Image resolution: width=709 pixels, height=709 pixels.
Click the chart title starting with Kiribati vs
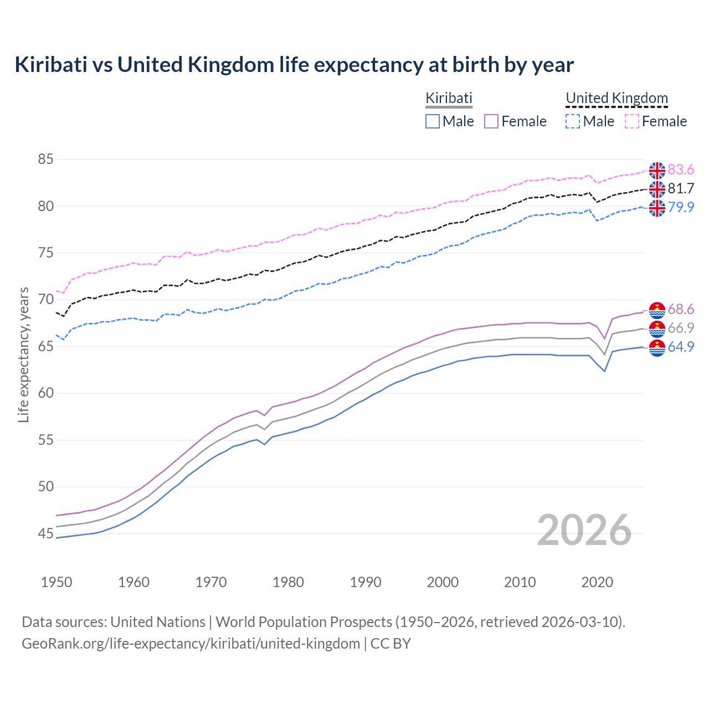tap(294, 65)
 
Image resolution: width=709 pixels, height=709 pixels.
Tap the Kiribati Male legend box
tap(433, 121)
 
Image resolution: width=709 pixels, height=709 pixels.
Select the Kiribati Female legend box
tap(492, 121)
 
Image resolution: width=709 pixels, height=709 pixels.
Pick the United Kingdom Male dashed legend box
tap(573, 121)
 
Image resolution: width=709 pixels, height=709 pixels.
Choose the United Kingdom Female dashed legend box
tap(632, 121)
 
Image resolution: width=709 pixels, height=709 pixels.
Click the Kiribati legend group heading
tap(449, 99)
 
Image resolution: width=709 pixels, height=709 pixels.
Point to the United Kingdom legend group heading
tap(616, 99)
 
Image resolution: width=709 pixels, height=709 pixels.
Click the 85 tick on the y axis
tap(45, 160)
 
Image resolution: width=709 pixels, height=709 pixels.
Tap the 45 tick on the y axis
tap(45, 534)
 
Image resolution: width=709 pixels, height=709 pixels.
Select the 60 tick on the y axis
tap(45, 393)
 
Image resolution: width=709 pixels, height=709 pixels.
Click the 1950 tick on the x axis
tap(56, 582)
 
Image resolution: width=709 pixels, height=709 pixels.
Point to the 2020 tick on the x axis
tap(597, 582)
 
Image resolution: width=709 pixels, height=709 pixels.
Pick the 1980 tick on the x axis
tap(288, 582)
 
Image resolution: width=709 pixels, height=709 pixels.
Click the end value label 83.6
tap(681, 169)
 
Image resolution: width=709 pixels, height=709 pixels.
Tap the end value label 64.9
tap(681, 347)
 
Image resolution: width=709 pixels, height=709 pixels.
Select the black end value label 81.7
tap(681, 188)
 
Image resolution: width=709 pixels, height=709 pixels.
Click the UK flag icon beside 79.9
tap(657, 208)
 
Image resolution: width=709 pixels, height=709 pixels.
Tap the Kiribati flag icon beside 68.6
tap(657, 310)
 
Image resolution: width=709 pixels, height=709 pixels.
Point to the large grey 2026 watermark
tap(584, 530)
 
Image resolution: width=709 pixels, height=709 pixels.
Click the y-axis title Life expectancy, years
tap(23, 354)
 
